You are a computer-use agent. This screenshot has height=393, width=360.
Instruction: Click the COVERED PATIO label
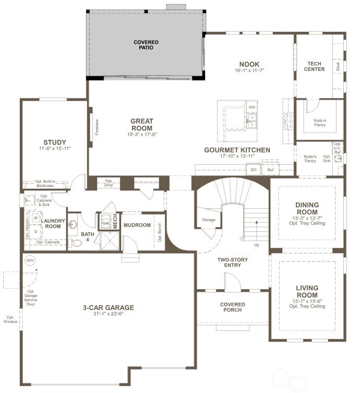146,45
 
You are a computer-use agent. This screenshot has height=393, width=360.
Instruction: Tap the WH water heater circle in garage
29,260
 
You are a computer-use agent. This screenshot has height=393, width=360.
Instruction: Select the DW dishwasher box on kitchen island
252,107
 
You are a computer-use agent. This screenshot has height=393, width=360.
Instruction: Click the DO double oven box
253,170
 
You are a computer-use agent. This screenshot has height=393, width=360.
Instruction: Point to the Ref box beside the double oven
270,170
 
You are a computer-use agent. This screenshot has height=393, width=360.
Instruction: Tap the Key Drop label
109,183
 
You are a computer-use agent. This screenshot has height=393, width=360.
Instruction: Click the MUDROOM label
137,225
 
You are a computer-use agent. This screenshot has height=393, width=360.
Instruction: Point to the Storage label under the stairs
209,220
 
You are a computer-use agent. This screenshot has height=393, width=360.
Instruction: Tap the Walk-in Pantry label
320,123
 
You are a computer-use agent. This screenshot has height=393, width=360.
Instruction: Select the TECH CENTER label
316,66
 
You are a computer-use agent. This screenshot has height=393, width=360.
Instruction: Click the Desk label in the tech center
338,66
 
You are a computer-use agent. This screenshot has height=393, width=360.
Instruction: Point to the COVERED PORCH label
232,307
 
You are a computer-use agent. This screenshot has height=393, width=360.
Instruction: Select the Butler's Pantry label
310,159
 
